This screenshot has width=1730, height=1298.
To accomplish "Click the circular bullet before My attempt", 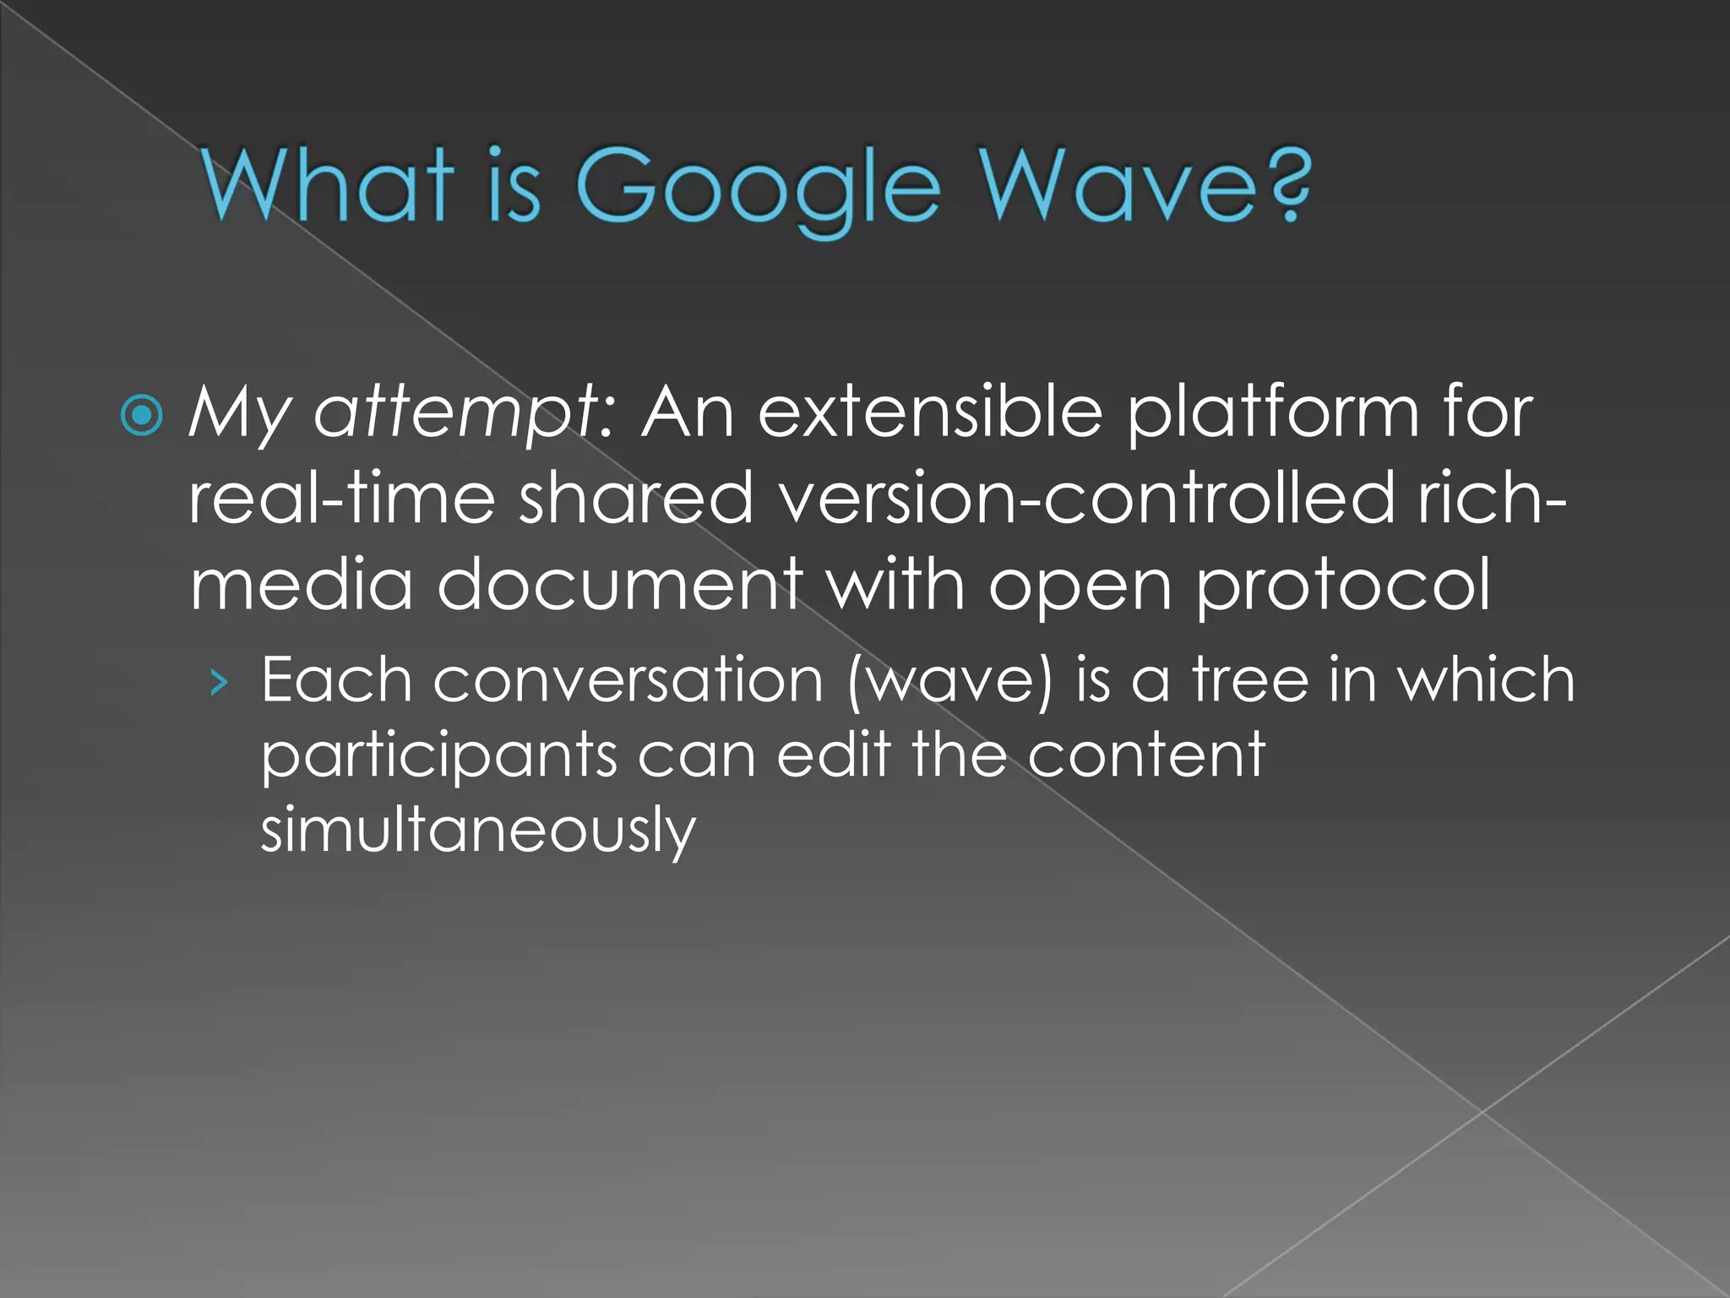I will coord(142,415).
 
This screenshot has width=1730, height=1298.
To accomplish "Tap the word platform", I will coord(1274,413).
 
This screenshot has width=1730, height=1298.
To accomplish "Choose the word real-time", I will coord(341,499).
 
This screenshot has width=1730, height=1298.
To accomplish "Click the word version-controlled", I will coord(1086,499).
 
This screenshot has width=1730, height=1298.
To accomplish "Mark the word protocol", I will coord(1342,586).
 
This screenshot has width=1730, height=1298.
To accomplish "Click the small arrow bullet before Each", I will coord(220,681).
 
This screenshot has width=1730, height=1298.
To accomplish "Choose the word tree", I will coord(1250,680).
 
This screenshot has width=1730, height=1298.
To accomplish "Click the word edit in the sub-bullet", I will coord(833,755).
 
